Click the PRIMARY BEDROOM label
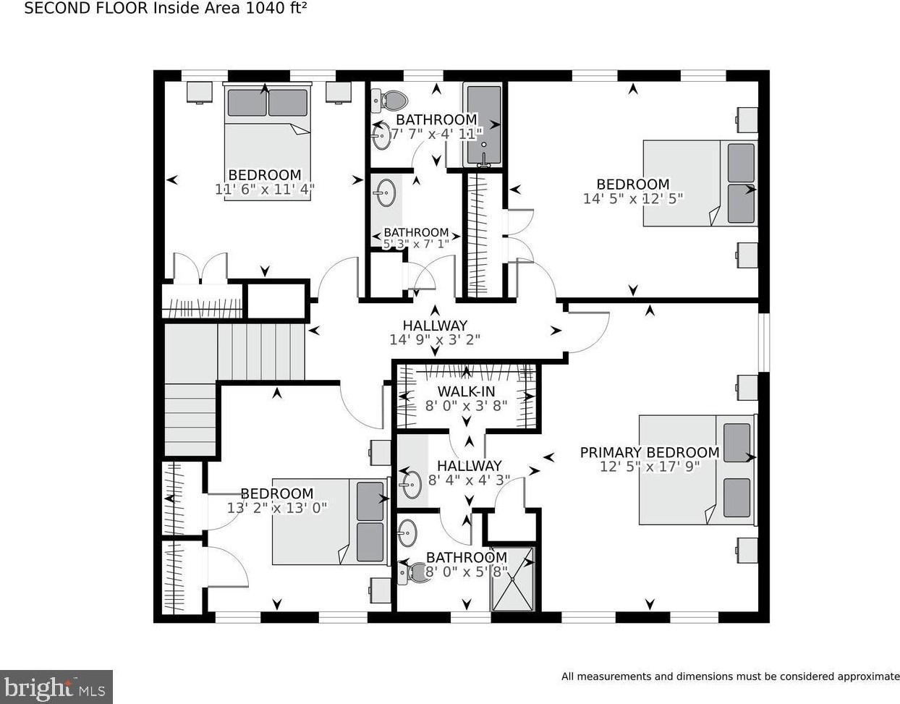pyautogui.click(x=650, y=453)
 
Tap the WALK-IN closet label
pyautogui.click(x=466, y=391)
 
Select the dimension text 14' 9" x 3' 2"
pyautogui.click(x=435, y=339)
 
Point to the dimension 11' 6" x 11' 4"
pyautogui.click(x=265, y=190)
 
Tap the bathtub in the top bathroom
pyautogui.click(x=484, y=125)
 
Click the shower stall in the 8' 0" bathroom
pyautogui.click(x=513, y=579)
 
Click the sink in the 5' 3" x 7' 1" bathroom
pyautogui.click(x=385, y=192)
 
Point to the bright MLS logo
pyautogui.click(x=56, y=687)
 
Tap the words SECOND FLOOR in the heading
pyautogui.click(x=86, y=8)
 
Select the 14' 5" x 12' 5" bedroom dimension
pyautogui.click(x=633, y=199)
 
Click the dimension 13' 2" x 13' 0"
pyautogui.click(x=277, y=507)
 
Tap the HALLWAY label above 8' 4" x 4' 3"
pyautogui.click(x=470, y=466)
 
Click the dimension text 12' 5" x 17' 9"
pyautogui.click(x=650, y=467)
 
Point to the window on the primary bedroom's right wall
pyautogui.click(x=764, y=342)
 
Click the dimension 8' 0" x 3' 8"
pyautogui.click(x=466, y=406)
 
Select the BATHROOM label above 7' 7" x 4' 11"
pyautogui.click(x=436, y=119)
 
